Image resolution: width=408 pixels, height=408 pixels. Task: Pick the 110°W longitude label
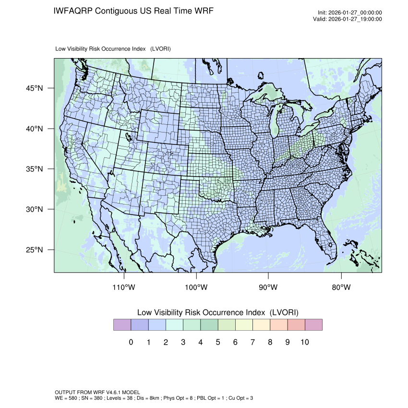[x=124, y=288]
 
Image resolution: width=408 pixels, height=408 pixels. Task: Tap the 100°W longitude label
[x=197, y=288]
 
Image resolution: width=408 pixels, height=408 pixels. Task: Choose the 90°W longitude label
[x=269, y=288]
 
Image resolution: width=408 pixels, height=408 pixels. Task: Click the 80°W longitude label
[x=341, y=288]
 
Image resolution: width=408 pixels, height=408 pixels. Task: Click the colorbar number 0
[x=131, y=342]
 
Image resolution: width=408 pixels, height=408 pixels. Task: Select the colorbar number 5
[x=217, y=342]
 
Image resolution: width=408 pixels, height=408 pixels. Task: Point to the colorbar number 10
[x=304, y=342]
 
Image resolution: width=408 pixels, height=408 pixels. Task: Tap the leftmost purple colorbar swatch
[x=122, y=325]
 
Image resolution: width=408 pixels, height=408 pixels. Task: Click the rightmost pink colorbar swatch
[x=313, y=325]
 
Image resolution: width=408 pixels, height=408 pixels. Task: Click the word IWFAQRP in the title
[x=73, y=11]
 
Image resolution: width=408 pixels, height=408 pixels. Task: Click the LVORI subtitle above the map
[x=113, y=49]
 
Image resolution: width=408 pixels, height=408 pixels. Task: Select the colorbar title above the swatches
[x=217, y=312]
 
